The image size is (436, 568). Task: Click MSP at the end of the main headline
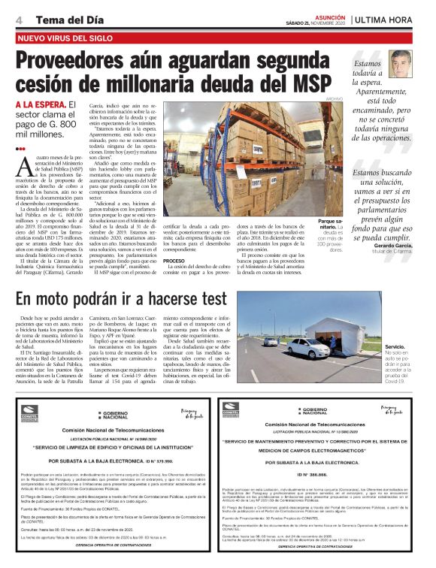coord(319,84)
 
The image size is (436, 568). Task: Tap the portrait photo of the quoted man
coord(401,63)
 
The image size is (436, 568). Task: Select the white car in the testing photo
coord(307,347)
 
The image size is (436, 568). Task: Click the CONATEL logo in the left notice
coord(29,409)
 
